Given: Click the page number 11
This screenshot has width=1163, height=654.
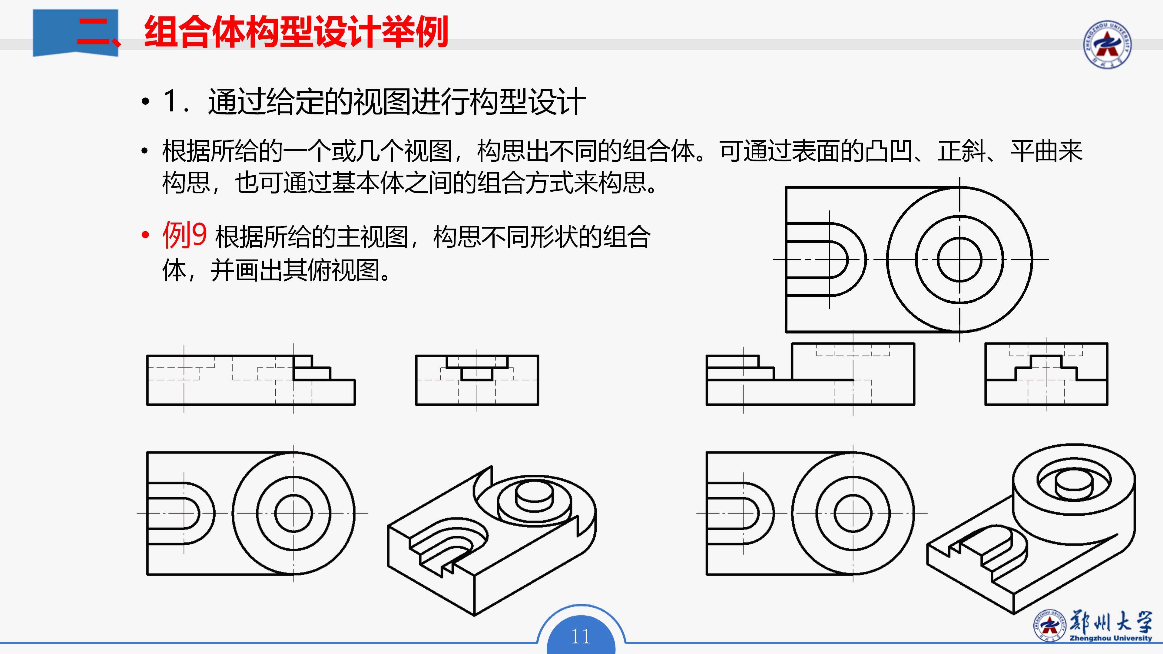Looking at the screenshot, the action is pos(581,636).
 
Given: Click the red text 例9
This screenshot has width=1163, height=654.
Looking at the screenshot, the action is pos(184,235).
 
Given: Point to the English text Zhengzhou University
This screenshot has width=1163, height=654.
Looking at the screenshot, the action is pos(1111,638).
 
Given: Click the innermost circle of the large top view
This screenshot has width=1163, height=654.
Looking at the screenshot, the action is pos(959,259).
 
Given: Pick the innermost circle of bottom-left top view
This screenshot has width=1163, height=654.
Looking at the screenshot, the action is pos(293,513).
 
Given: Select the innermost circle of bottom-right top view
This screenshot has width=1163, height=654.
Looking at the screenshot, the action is pos(853,513).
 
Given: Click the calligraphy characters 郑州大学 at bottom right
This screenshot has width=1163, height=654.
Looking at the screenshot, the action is pos(1111,622).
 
